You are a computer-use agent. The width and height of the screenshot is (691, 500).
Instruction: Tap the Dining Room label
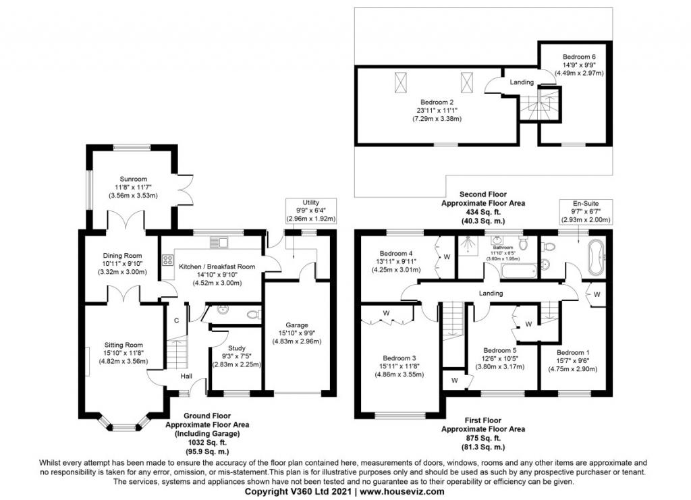(122, 256)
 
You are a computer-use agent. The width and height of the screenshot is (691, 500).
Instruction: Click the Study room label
(237, 348)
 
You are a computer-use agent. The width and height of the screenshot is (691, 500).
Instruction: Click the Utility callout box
(310, 210)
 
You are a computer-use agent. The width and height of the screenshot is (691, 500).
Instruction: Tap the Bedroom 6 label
(578, 57)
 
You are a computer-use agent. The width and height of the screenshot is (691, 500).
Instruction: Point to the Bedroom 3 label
(399, 358)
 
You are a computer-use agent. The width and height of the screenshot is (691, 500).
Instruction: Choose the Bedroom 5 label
(499, 350)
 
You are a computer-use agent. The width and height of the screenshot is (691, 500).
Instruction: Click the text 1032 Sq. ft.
(207, 442)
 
